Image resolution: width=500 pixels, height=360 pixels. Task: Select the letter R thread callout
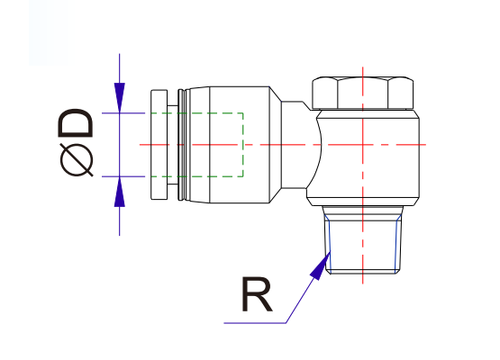[258, 296]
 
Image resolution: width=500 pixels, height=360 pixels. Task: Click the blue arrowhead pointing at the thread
[320, 265]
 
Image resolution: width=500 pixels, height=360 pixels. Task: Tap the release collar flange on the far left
[158, 144]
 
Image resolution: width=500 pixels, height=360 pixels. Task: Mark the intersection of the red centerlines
[362, 145]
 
